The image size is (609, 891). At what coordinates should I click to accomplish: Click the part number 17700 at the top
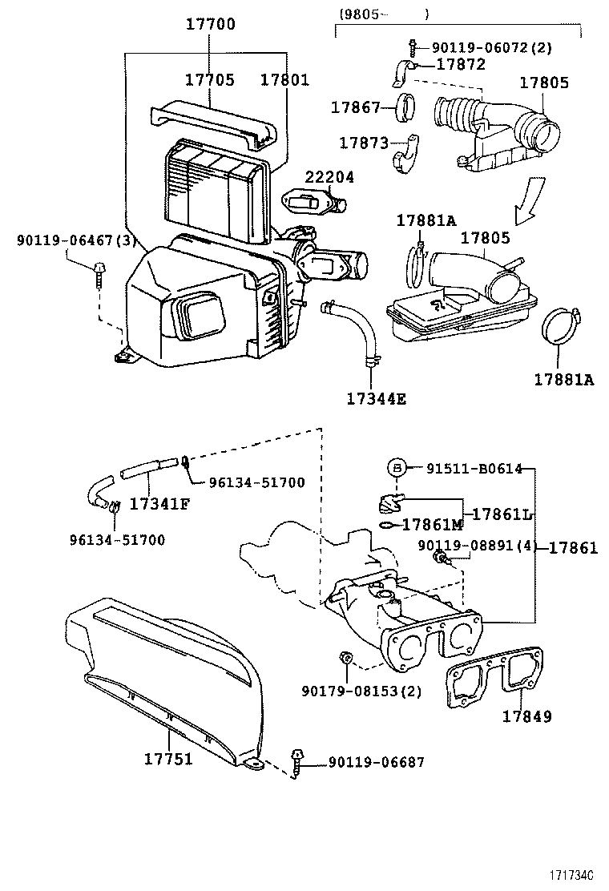click(211, 24)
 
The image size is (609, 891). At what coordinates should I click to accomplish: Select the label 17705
click(210, 80)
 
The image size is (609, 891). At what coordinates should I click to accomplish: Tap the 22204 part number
click(329, 177)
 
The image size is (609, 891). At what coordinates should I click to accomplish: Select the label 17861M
click(432, 525)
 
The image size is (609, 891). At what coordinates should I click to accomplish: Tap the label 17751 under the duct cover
click(168, 758)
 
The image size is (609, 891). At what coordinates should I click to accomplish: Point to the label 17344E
click(376, 398)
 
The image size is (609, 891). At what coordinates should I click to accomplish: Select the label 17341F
click(159, 504)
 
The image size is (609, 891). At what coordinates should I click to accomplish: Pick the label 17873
click(363, 143)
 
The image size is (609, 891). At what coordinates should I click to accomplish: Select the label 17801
click(284, 80)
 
